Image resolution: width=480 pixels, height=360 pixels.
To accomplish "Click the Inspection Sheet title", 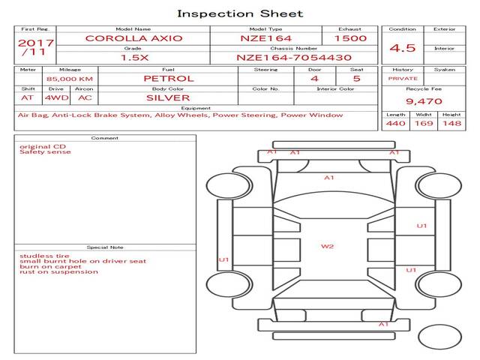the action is click(x=240, y=13).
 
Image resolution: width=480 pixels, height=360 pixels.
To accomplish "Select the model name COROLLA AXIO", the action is click(x=133, y=38).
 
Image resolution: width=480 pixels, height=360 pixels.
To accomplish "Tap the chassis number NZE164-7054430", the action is click(x=294, y=58).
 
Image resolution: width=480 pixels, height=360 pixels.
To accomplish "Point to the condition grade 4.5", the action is click(x=402, y=48).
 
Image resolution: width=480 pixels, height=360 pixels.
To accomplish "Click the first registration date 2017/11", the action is click(x=35, y=47).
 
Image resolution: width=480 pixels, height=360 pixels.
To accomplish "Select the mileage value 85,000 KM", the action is click(x=70, y=79).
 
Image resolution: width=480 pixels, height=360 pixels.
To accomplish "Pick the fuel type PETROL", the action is click(x=169, y=79).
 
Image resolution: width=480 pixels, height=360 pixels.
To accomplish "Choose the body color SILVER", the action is click(x=168, y=98).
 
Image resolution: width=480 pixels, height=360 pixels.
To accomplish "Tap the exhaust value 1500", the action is click(x=350, y=38).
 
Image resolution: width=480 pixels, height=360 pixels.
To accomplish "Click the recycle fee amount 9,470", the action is click(x=424, y=101).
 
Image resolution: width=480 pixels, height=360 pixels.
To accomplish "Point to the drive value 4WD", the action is click(x=57, y=98).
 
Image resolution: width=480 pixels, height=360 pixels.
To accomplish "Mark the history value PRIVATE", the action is click(x=403, y=79).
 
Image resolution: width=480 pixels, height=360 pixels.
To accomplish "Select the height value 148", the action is click(x=451, y=123).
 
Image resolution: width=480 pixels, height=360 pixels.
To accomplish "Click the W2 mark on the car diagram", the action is click(x=327, y=247).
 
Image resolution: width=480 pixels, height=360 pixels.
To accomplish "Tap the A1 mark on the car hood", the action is click(x=328, y=178).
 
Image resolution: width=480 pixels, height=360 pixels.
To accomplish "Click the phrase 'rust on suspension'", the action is click(x=58, y=271).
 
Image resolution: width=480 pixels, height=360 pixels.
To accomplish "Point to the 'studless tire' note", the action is click(x=44, y=256).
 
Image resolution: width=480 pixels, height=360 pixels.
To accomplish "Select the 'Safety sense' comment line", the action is click(x=45, y=151).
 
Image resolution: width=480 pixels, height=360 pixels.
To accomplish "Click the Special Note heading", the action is click(x=105, y=247).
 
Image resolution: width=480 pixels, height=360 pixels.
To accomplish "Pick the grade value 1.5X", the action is click(x=134, y=58).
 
